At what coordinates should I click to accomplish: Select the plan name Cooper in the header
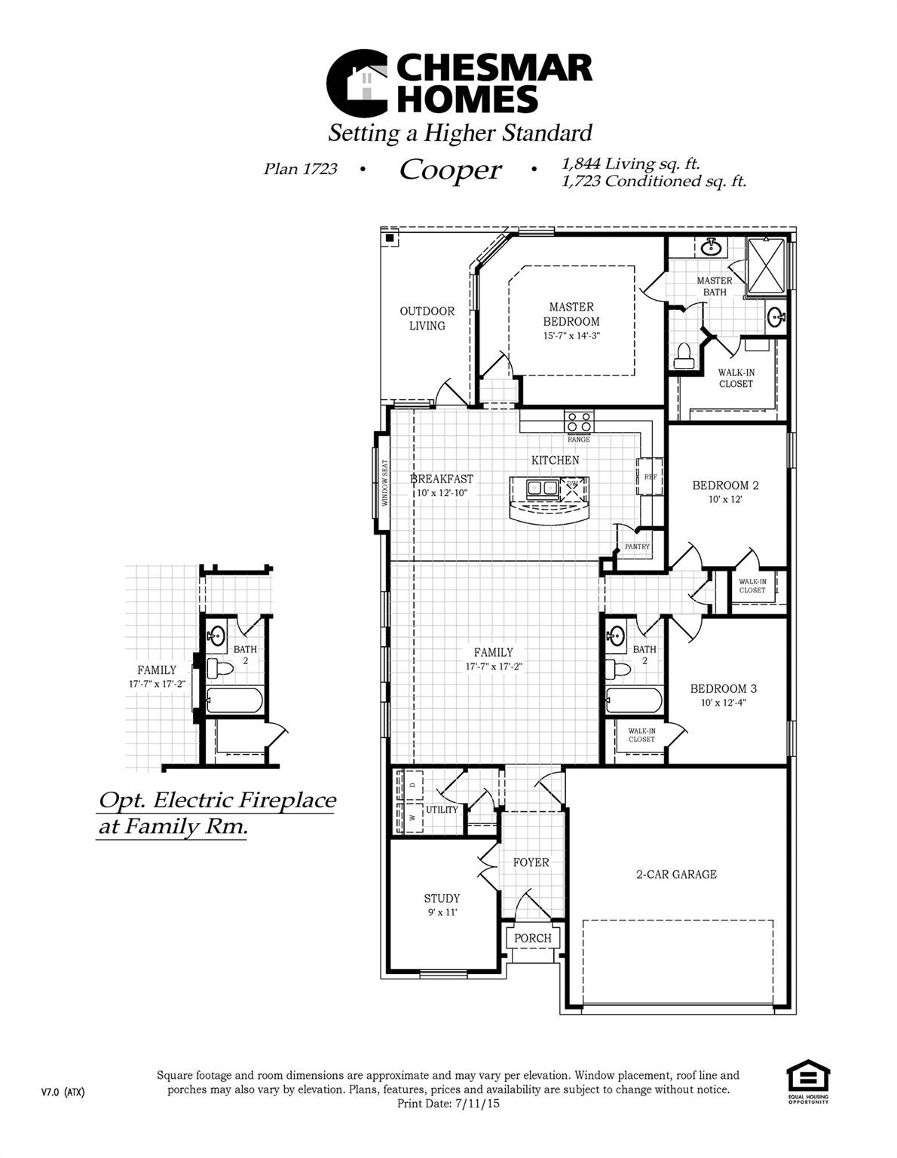[x=450, y=170]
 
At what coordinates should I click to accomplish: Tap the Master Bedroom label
[x=571, y=314]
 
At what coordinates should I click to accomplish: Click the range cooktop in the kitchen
[x=579, y=421]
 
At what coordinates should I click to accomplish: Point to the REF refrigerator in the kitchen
[x=650, y=476]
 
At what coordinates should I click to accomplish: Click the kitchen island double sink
[x=543, y=488]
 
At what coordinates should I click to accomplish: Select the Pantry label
[x=637, y=547]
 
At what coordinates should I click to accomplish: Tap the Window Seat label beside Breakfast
[x=384, y=483]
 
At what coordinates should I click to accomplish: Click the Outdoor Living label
[x=427, y=318]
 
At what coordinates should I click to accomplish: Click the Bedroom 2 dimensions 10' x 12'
[x=725, y=499]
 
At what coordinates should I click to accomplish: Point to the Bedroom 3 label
[x=724, y=688]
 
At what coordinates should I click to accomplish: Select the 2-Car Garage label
[x=676, y=875]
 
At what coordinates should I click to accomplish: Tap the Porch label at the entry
[x=533, y=938]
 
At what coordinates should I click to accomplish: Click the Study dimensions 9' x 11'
[x=442, y=912]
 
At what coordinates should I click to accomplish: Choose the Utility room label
[x=442, y=810]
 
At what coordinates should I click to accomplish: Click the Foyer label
[x=531, y=862]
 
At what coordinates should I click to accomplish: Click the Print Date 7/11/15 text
[x=448, y=1103]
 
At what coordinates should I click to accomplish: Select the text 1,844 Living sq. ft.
[x=632, y=164]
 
